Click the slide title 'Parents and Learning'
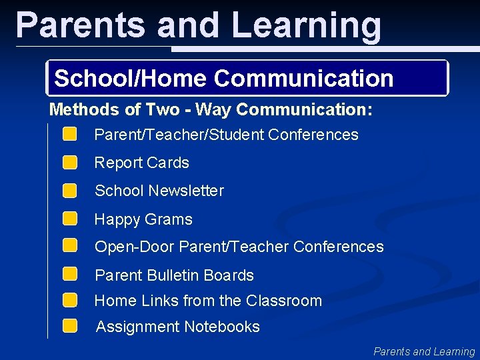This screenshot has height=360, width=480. pyautogui.click(x=199, y=25)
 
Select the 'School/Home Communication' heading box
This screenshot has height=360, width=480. pyautogui.click(x=247, y=79)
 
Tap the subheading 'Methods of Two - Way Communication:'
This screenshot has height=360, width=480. pyautogui.click(x=211, y=109)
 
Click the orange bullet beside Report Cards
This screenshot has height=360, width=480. pyautogui.click(x=70, y=163)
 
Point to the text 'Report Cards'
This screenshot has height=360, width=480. pyautogui.click(x=141, y=163)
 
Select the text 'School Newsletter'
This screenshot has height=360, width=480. pyautogui.click(x=159, y=191)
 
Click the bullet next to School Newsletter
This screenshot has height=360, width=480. pyautogui.click(x=70, y=191)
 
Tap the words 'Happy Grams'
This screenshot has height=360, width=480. pyautogui.click(x=143, y=219)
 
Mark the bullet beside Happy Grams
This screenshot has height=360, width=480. pyautogui.click(x=70, y=219)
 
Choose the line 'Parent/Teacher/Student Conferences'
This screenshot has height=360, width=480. pyautogui.click(x=226, y=135)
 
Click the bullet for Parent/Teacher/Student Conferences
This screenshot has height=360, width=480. pyautogui.click(x=70, y=135)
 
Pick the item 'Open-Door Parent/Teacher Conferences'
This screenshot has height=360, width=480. pyautogui.click(x=239, y=247)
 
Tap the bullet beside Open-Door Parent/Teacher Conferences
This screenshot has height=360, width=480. pyautogui.click(x=70, y=246)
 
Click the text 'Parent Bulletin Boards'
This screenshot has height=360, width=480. pyautogui.click(x=174, y=275)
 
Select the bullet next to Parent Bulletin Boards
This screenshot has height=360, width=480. pyautogui.click(x=70, y=274)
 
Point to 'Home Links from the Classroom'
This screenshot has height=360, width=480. pyautogui.click(x=208, y=301)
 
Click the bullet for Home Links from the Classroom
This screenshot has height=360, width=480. pyautogui.click(x=70, y=300)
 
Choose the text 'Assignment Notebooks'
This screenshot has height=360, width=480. pyautogui.click(x=178, y=327)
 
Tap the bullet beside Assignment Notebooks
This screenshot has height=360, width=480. pyautogui.click(x=70, y=326)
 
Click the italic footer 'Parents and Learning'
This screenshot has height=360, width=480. pyautogui.click(x=424, y=351)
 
